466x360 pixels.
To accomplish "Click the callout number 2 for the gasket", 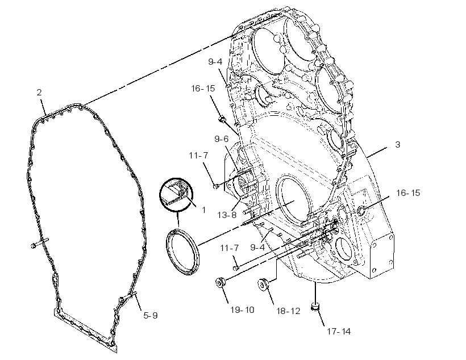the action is click(x=39, y=93).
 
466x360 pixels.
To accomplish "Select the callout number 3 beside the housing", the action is click(x=398, y=145).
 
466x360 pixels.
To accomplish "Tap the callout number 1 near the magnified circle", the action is click(x=203, y=210).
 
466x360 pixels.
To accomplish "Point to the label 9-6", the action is click(x=222, y=139).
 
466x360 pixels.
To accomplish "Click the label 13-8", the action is click(x=227, y=215).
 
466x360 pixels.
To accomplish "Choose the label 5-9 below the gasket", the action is click(x=151, y=316).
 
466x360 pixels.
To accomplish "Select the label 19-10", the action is click(x=242, y=310).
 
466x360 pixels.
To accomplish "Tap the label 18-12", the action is click(x=288, y=311).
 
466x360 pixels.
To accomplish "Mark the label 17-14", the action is click(x=339, y=331).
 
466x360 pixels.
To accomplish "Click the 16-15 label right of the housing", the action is click(x=408, y=192).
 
